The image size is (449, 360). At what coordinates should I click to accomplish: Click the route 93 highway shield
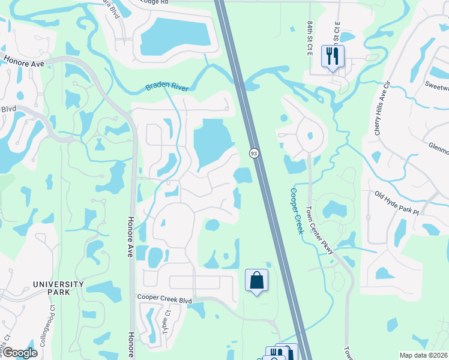(254, 154)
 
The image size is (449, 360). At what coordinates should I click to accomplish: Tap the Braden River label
(167, 87)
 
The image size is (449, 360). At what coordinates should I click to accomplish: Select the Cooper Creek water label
(297, 211)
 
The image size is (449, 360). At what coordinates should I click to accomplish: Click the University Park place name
(58, 288)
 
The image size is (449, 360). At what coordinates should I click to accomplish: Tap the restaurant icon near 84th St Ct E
(332, 56)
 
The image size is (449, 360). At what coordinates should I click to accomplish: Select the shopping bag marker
(257, 280)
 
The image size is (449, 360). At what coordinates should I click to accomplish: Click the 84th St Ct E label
(310, 36)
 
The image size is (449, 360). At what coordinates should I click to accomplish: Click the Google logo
(19, 353)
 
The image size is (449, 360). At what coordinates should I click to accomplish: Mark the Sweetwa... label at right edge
(436, 86)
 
